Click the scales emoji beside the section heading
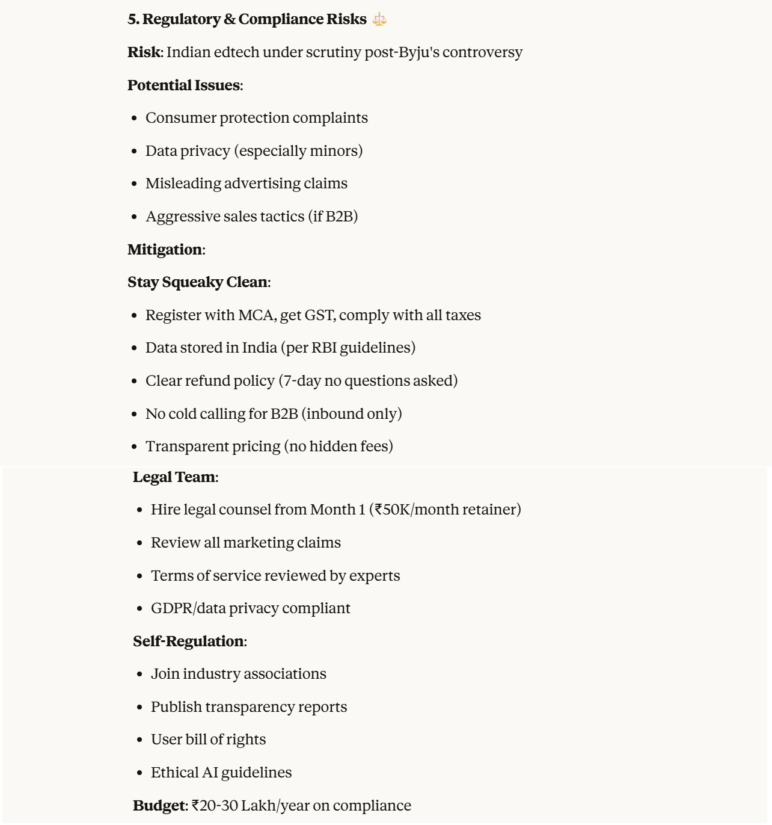pos(379,19)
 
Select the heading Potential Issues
pos(183,85)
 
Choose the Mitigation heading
pos(165,250)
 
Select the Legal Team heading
pos(174,477)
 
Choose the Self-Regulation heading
pos(188,641)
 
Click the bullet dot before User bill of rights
pos(139,740)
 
